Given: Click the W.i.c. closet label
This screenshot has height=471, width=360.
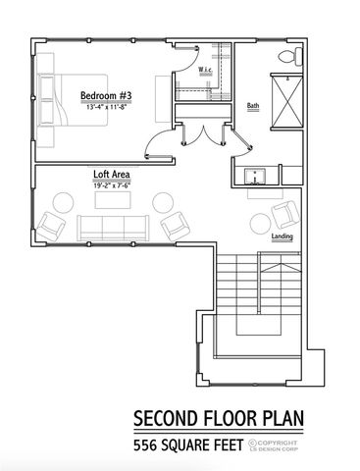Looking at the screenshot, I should (206, 71).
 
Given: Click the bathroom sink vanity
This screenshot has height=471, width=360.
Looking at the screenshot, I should (258, 177).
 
